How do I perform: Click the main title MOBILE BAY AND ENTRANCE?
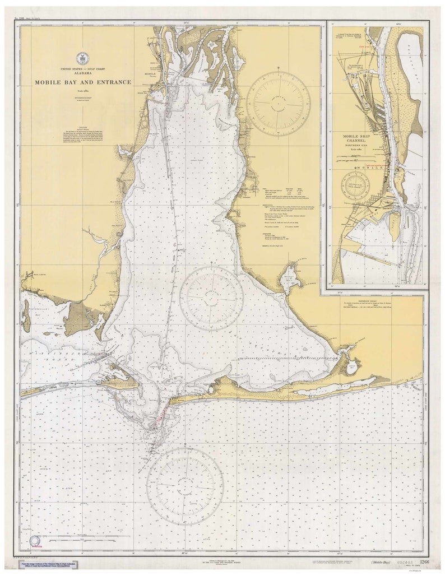[83, 82]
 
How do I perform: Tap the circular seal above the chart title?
[82, 58]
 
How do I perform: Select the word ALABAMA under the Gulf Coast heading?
[83, 73]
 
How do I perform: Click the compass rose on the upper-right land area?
[278, 103]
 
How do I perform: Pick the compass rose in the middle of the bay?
[211, 298]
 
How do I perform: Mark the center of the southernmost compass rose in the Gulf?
[185, 486]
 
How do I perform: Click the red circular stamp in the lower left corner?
[35, 541]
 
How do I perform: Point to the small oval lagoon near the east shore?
[351, 368]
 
